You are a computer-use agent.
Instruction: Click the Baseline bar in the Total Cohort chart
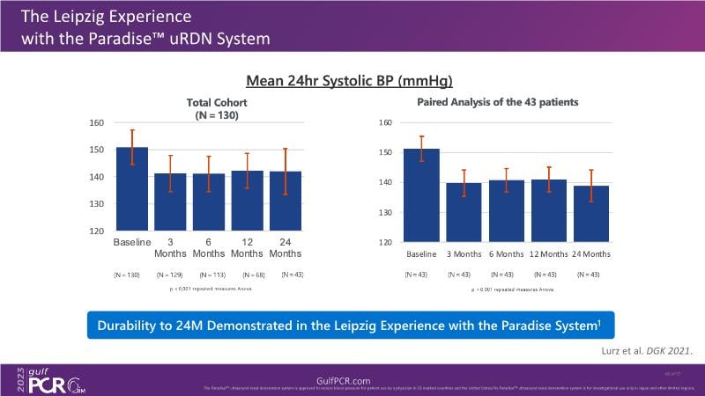click(x=132, y=189)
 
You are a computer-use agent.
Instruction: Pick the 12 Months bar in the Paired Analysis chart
click(x=549, y=210)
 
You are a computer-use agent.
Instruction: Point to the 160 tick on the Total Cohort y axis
click(x=98, y=122)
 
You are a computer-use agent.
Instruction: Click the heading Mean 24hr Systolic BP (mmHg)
click(x=349, y=81)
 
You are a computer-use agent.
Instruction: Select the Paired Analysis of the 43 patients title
click(x=496, y=102)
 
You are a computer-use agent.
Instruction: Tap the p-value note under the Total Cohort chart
click(x=208, y=288)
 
